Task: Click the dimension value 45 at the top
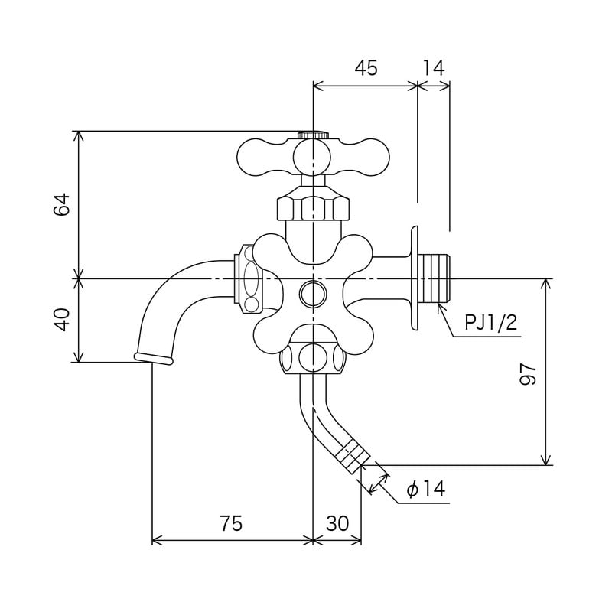click(x=366, y=68)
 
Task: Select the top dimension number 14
click(x=433, y=68)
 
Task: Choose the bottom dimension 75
click(x=231, y=524)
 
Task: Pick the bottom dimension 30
click(x=337, y=524)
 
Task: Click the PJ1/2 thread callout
click(x=491, y=322)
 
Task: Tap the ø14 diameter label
click(x=425, y=489)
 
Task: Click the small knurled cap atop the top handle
click(x=313, y=135)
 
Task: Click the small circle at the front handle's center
click(x=313, y=291)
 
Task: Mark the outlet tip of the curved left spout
click(x=152, y=358)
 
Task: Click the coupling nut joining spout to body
click(x=249, y=278)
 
